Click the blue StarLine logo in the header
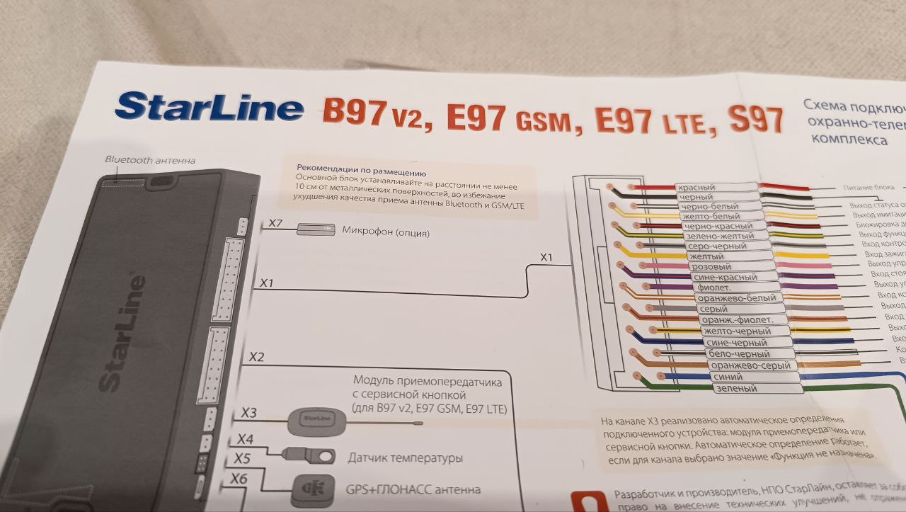(x=210, y=108)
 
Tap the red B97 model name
(x=354, y=113)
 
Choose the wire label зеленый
(x=736, y=389)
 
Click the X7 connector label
(x=275, y=224)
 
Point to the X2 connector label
(x=256, y=358)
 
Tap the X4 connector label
(x=245, y=440)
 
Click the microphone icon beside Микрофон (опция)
(x=316, y=229)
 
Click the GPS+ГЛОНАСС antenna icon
(x=312, y=489)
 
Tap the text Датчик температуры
(x=405, y=458)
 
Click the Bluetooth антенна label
(x=150, y=160)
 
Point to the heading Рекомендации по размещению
(x=362, y=173)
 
